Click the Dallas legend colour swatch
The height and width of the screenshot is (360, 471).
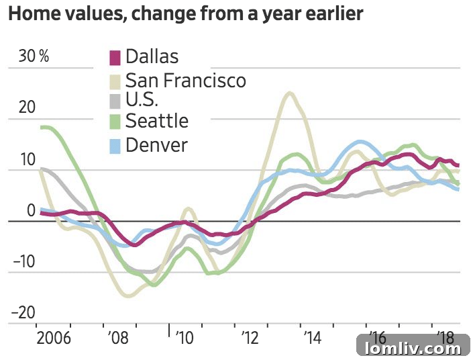click(115, 58)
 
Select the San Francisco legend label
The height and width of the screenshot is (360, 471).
click(185, 81)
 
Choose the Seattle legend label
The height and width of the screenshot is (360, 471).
click(156, 121)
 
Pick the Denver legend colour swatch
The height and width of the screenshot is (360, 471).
click(115, 144)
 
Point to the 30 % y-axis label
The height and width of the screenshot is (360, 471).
click(34, 56)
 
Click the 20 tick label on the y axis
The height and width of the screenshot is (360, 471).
click(25, 109)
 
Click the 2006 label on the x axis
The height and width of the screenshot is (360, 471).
click(54, 336)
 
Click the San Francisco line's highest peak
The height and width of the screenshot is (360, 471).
click(289, 93)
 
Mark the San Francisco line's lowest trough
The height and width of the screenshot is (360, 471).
click(129, 295)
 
